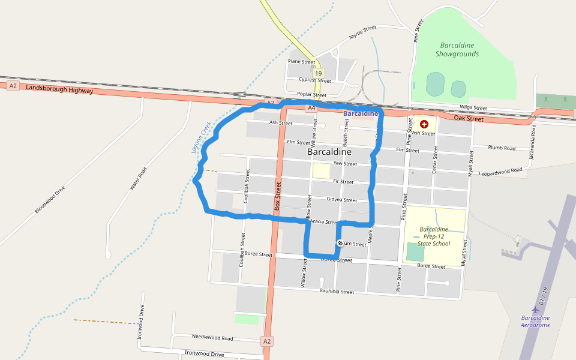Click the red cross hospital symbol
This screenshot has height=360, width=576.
(424, 124)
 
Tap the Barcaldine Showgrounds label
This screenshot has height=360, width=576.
(457, 49)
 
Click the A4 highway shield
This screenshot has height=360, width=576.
(311, 108)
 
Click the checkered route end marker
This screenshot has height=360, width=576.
(340, 243)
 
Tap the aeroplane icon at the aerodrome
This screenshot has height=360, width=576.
(535, 310)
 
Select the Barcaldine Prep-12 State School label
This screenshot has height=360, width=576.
(434, 236)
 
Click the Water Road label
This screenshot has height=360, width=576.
(138, 179)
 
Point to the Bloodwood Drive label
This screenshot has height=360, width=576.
(50, 199)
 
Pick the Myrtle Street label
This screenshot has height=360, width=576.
(362, 32)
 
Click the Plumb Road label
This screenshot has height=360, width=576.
(502, 148)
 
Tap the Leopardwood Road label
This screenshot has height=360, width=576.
(500, 172)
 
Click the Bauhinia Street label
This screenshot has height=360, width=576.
(337, 292)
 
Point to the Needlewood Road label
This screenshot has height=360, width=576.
(212, 338)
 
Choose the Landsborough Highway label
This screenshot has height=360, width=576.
(59, 89)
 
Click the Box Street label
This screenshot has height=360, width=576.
(278, 196)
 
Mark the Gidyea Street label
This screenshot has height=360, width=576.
(341, 199)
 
